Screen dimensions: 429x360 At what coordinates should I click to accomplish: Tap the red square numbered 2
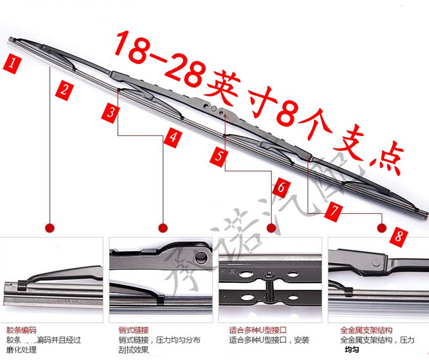65,89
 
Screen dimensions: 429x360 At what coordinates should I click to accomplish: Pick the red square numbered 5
218,156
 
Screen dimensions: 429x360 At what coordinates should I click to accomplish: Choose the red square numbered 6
281,186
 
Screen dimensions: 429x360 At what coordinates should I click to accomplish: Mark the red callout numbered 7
335,211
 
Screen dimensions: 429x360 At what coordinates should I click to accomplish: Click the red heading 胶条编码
21,330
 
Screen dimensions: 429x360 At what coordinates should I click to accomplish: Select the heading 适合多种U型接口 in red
257,330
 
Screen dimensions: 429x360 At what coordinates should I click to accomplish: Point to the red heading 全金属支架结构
366,330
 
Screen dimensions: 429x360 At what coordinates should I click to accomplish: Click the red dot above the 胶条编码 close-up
50,227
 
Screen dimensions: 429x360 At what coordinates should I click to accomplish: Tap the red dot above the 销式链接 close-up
162,227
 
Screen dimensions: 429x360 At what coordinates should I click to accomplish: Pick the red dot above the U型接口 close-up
272,227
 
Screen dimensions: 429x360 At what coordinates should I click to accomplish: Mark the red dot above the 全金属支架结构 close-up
382,227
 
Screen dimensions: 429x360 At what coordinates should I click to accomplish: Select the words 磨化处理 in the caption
21,350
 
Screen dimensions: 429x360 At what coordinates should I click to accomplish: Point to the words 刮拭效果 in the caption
133,350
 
